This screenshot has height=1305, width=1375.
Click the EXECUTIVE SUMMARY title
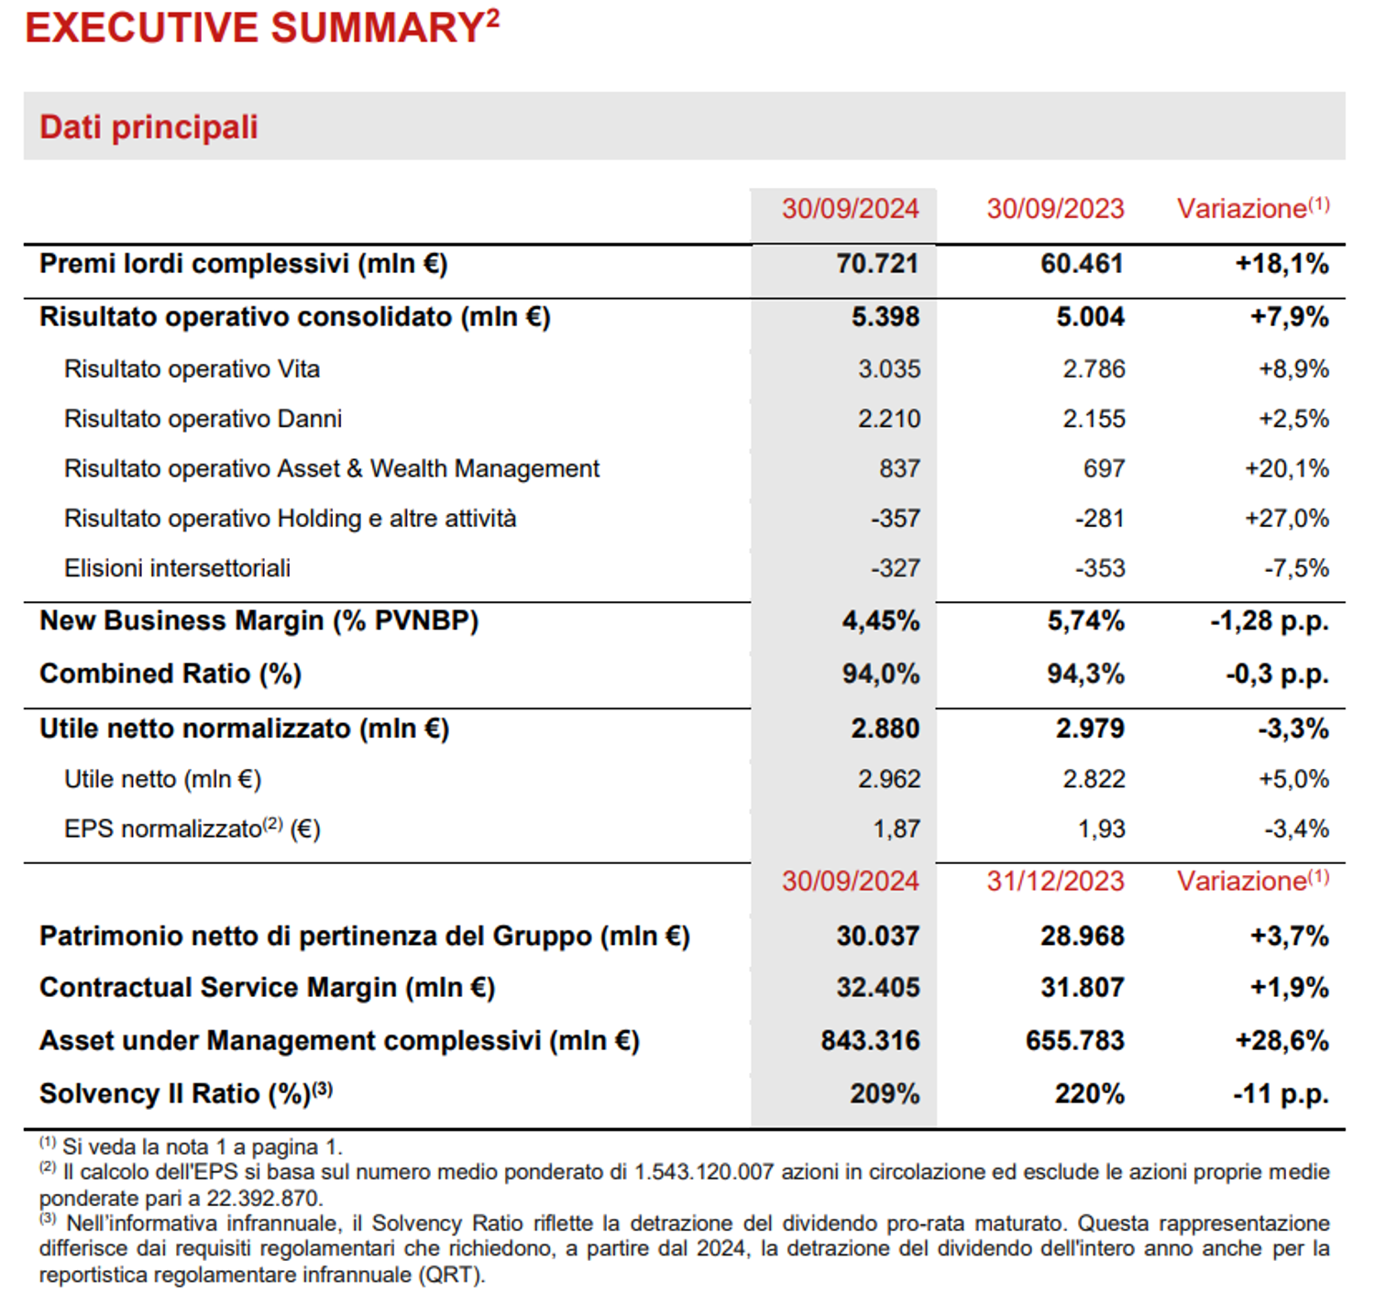261,27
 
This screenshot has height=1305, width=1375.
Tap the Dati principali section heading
148,127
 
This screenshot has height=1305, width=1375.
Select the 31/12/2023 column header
1054,881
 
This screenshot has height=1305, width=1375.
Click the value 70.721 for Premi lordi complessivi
876,264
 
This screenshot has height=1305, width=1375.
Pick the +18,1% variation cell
1281,264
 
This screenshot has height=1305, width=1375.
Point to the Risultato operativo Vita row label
192,369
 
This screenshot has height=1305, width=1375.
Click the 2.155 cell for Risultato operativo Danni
1093,419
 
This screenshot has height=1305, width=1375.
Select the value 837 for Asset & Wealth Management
898,469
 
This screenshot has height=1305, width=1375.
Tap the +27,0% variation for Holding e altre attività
1286,519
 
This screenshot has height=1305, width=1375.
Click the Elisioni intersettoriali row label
177,568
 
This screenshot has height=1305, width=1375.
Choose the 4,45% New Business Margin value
880,621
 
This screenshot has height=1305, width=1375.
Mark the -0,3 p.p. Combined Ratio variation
1276,674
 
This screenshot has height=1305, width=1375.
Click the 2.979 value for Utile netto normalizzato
1089,729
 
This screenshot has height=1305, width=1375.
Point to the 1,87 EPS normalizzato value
896,829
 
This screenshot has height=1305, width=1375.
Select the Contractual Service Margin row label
267,988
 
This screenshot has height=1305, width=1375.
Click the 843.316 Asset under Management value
870,1041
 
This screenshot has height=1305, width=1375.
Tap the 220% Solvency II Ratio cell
1089,1094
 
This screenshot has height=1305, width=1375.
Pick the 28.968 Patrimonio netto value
1082,937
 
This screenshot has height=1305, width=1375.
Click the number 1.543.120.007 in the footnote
704,1172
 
